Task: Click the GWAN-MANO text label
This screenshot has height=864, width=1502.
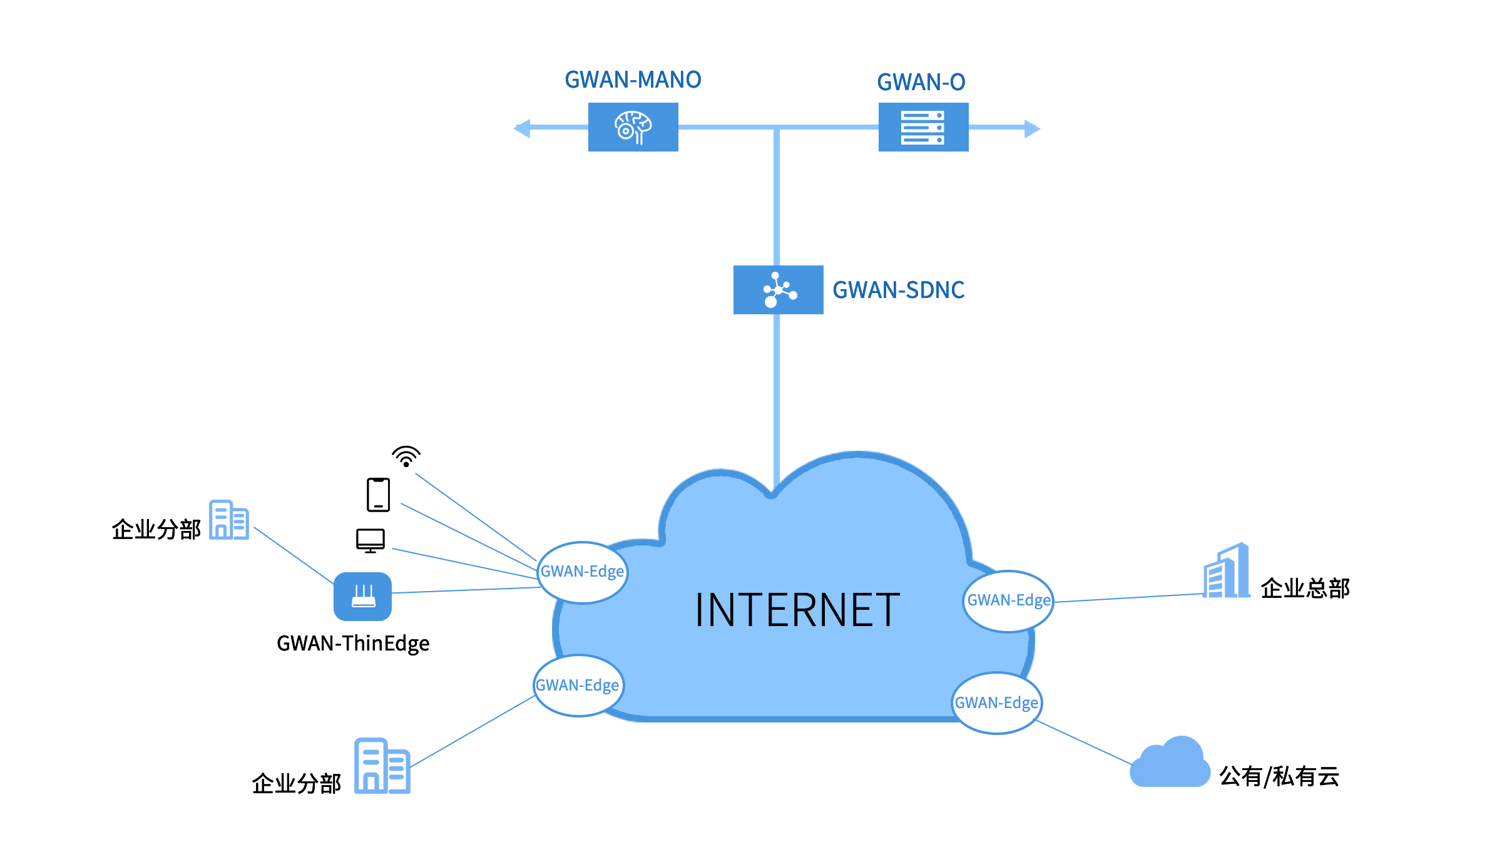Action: click(633, 80)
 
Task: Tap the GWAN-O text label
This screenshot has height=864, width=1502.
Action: click(921, 83)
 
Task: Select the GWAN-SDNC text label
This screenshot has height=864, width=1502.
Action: click(899, 291)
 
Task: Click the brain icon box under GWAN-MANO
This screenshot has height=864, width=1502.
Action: click(633, 127)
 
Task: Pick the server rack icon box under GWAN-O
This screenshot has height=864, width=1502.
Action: click(923, 127)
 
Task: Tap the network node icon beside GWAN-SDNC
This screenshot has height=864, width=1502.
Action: click(778, 290)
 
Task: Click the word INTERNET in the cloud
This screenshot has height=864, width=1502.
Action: click(797, 610)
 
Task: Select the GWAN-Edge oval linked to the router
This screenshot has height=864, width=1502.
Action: click(582, 572)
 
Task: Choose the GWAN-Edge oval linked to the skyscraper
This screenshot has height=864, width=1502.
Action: click(1008, 601)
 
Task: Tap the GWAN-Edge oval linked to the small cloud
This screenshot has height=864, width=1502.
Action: click(996, 703)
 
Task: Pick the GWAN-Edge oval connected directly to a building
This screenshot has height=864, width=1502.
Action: click(578, 686)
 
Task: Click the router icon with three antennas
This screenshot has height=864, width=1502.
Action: click(362, 597)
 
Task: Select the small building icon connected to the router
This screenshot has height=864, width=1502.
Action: click(228, 520)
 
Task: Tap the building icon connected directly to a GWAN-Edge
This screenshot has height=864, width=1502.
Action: click(382, 766)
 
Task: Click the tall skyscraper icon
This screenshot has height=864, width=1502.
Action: click(1227, 571)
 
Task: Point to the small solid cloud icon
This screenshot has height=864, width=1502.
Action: click(1170, 763)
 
